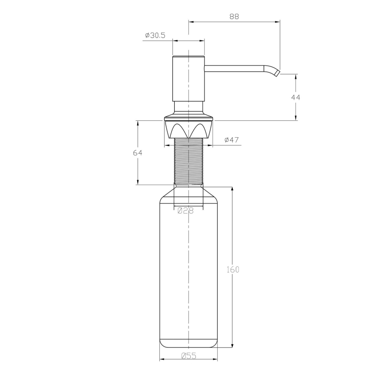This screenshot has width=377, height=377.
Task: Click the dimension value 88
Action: click(x=234, y=17)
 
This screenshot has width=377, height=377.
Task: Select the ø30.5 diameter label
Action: click(x=155, y=36)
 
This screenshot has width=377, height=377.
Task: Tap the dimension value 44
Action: click(x=295, y=97)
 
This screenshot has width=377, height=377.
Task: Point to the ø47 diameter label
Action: click(x=232, y=140)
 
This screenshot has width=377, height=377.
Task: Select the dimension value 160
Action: click(x=232, y=269)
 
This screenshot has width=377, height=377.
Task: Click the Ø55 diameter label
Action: click(x=188, y=356)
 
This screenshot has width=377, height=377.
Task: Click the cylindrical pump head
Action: click(x=188, y=78)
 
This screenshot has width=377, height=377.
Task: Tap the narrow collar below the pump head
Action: click(x=188, y=106)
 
